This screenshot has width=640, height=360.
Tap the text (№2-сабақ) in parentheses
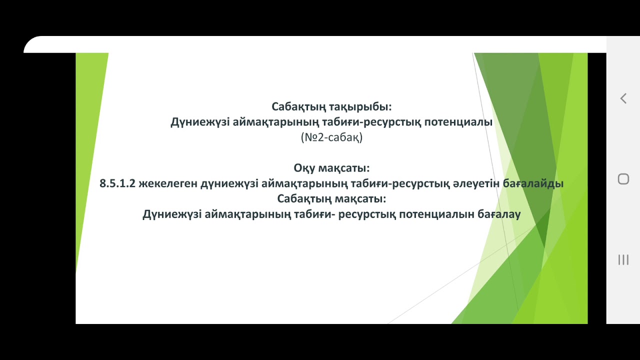(331, 137)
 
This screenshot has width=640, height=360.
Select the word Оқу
(304, 168)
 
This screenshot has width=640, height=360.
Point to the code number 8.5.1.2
(117, 183)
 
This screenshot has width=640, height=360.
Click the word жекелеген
(167, 183)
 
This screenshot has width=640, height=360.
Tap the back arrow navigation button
(623, 98)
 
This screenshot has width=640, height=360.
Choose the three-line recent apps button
(623, 259)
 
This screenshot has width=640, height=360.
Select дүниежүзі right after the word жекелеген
(229, 183)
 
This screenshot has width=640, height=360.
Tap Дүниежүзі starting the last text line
(172, 214)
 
